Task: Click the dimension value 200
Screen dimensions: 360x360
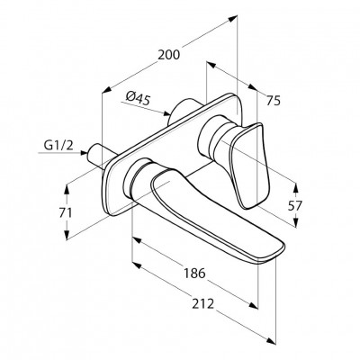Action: tap(169, 55)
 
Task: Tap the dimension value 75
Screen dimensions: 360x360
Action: tap(273, 100)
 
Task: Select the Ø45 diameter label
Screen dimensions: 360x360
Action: tap(138, 98)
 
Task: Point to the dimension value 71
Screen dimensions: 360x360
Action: tap(65, 212)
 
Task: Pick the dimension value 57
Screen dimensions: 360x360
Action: tap(295, 206)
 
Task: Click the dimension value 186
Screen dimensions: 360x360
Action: tap(194, 273)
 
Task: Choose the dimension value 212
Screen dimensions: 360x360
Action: tap(203, 303)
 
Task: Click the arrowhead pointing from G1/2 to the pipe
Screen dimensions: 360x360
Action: tap(84, 153)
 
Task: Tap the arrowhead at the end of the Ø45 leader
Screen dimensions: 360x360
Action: tap(166, 113)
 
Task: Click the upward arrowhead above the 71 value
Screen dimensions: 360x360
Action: tap(67, 189)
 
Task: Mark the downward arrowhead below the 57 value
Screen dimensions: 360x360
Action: tap(296, 222)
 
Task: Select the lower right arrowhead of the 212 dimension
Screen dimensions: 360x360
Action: tap(271, 341)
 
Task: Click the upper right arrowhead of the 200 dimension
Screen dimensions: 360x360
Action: tap(232, 19)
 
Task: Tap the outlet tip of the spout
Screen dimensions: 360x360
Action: tap(274, 256)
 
